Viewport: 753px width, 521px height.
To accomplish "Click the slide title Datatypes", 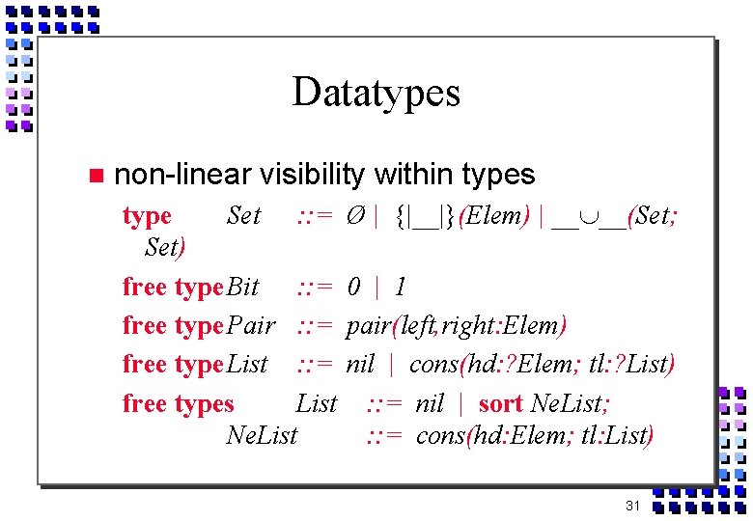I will click(x=376, y=93).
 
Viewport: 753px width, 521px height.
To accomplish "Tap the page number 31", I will click(x=633, y=507).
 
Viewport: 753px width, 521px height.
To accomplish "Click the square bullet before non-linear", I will click(x=94, y=176).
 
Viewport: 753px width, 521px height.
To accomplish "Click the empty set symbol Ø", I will click(x=355, y=216).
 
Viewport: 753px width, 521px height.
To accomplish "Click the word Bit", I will click(x=242, y=287).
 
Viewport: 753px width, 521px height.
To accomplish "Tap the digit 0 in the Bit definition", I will click(x=354, y=287).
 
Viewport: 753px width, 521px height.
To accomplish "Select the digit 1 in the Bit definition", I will click(x=401, y=287).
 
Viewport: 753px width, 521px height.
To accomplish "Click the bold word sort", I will click(x=500, y=403).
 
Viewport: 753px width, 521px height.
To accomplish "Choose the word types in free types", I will click(x=202, y=404).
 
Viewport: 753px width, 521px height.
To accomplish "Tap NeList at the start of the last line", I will click(x=262, y=436).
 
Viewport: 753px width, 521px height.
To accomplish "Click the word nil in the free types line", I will click(x=430, y=403).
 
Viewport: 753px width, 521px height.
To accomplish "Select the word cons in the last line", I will click(x=439, y=436).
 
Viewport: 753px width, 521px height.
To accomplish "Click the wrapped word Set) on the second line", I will click(x=165, y=247).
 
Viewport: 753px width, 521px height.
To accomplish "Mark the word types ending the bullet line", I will click(x=498, y=175).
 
